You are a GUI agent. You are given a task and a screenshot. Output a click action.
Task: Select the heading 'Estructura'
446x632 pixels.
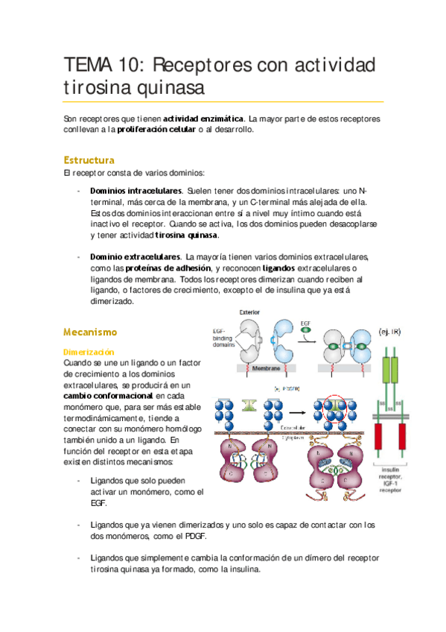pos(89,160)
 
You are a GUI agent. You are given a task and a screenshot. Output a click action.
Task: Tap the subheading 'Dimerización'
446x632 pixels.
pos(89,351)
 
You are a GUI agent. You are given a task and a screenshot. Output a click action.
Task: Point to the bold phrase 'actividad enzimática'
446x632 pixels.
pos(203,118)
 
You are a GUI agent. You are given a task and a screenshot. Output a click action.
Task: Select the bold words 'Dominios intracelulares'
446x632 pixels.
pos(136,191)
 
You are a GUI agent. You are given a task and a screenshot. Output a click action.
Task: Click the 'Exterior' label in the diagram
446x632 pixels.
pos(249,312)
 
